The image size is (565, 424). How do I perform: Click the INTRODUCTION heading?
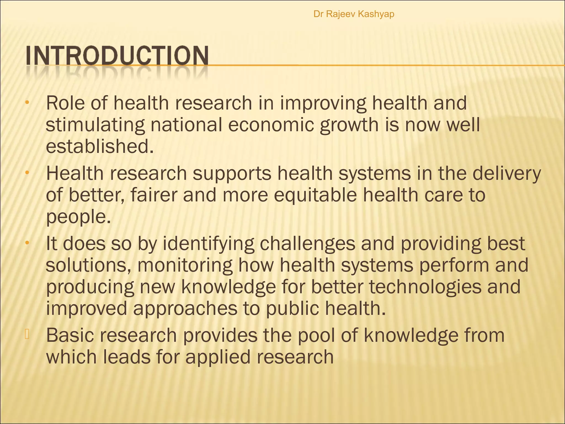point(117,56)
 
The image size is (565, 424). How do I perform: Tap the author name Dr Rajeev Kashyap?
point(354,14)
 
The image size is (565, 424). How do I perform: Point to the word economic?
point(271,125)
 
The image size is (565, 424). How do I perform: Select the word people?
point(78,217)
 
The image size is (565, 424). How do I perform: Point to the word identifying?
point(208,244)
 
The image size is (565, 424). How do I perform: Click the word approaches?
point(185,309)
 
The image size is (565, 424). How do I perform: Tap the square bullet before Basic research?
point(27,334)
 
